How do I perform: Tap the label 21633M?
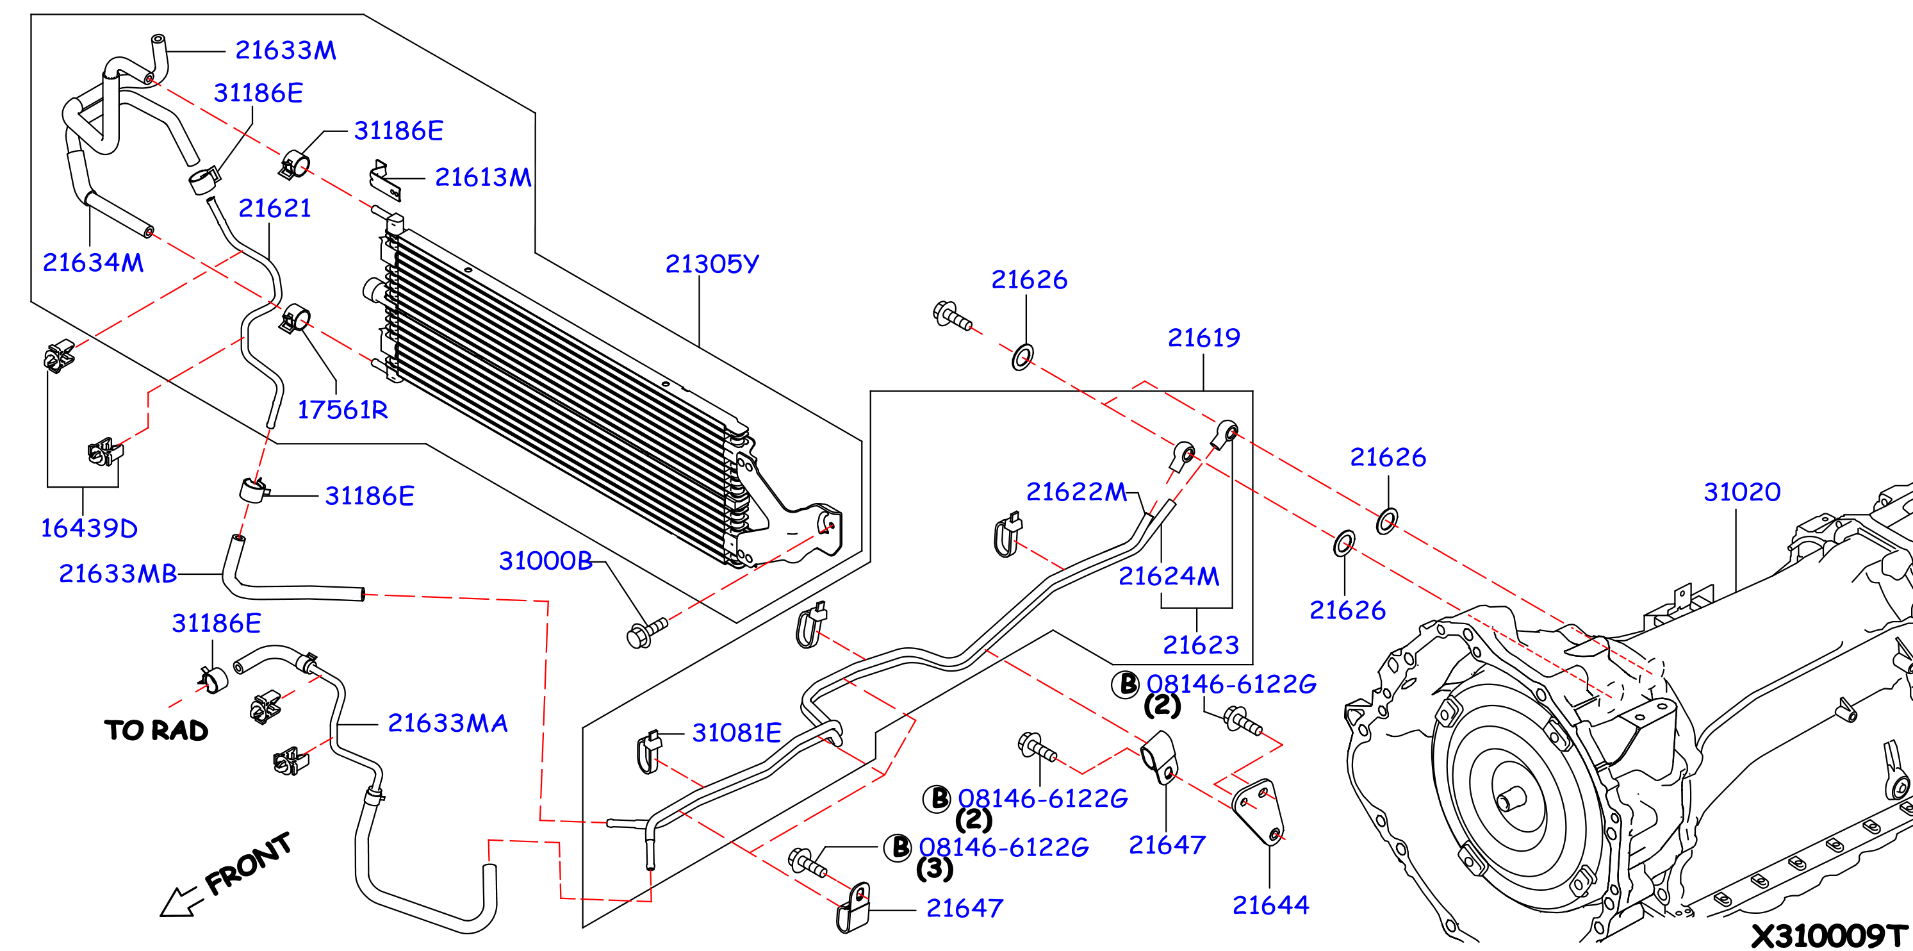point(285,50)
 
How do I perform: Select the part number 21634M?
point(93,262)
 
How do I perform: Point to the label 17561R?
point(342,409)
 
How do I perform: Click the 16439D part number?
point(89,528)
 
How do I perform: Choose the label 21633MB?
point(118,574)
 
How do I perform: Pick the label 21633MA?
point(448,723)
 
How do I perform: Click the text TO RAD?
point(156,731)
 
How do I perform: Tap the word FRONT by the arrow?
point(248,863)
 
